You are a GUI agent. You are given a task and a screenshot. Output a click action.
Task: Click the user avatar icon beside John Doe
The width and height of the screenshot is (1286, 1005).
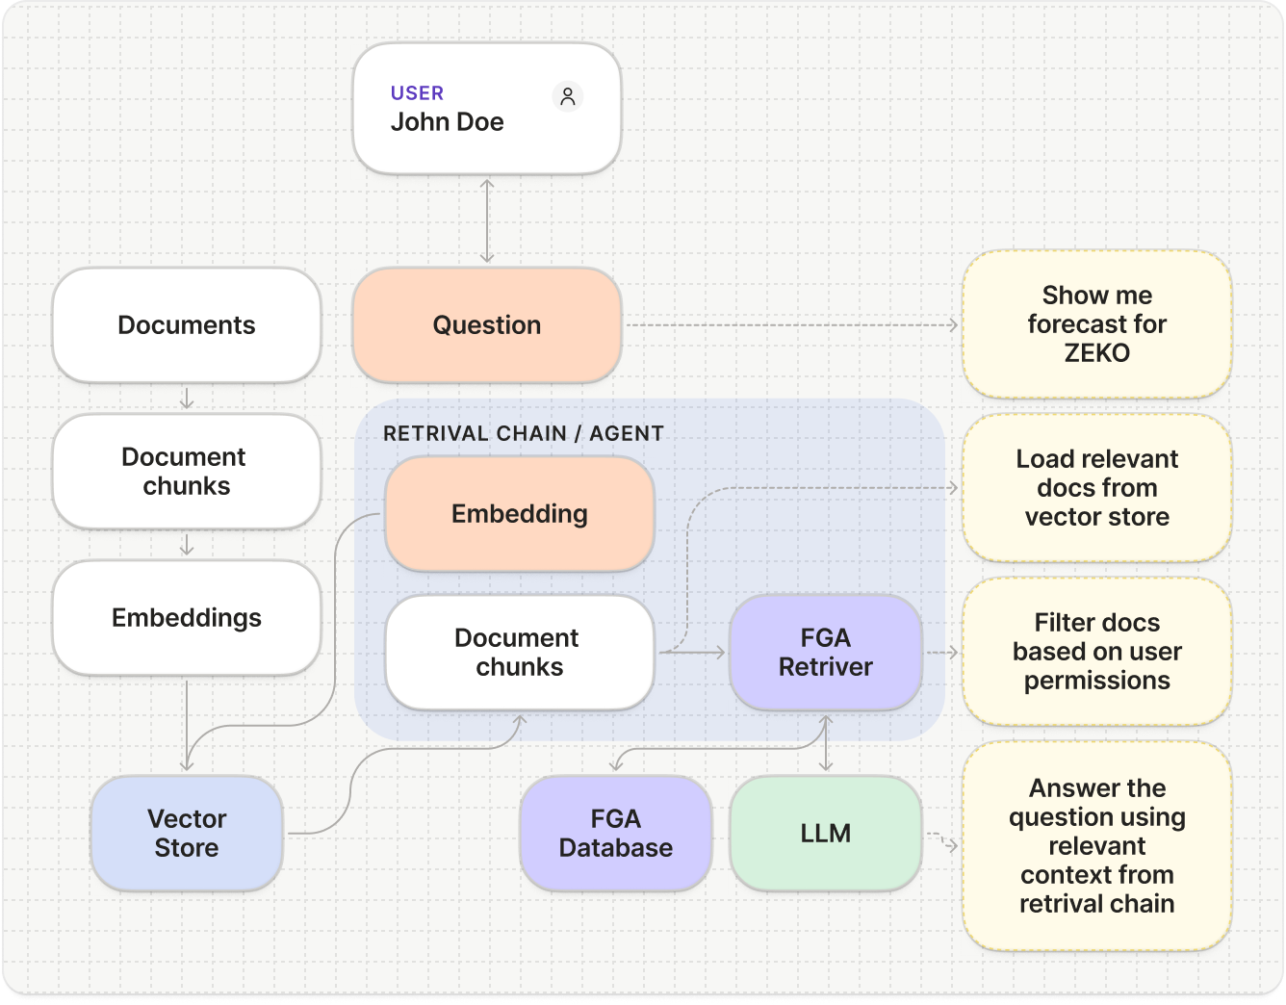[568, 96]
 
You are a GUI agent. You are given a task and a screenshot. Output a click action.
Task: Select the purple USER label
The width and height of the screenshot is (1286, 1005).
[417, 93]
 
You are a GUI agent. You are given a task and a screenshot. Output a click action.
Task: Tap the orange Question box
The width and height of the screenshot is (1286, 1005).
[487, 325]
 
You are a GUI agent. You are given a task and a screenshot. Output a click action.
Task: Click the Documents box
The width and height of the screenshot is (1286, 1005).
[187, 325]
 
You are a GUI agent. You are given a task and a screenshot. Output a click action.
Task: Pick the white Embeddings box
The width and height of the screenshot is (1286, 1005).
[187, 618]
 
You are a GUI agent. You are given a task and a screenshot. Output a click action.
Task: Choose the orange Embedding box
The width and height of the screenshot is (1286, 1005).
[520, 514]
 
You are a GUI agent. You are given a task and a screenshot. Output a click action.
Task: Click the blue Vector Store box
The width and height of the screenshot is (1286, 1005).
[187, 834]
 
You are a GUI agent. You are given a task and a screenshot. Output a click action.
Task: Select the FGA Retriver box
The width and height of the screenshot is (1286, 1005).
[826, 653]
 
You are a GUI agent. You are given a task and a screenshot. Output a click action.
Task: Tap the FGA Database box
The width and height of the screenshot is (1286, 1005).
[616, 834]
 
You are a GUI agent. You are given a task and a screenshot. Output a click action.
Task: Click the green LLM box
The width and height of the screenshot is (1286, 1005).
[826, 834]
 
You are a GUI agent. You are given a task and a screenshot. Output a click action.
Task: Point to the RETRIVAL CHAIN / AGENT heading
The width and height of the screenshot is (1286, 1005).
[524, 433]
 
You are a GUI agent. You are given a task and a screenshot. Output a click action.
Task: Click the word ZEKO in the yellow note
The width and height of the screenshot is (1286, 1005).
[1097, 353]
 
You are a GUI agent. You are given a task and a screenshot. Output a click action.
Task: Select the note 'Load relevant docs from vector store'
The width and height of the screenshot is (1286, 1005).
[1097, 488]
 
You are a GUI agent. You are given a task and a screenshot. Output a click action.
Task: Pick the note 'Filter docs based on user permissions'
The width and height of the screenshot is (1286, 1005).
[1097, 652]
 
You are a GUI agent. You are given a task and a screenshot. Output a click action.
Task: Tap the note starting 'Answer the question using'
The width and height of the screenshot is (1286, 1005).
[1097, 846]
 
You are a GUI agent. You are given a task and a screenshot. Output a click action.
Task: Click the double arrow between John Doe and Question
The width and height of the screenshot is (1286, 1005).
[487, 221]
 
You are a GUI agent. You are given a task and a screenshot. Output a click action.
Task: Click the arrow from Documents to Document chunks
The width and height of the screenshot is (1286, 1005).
[187, 399]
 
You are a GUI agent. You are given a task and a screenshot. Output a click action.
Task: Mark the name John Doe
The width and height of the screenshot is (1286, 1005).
[448, 122]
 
